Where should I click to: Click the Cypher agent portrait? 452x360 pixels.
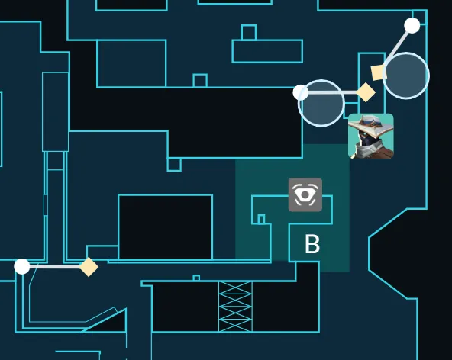[x=371, y=136]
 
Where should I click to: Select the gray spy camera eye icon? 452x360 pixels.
[x=305, y=194]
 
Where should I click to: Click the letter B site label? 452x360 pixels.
[x=312, y=244]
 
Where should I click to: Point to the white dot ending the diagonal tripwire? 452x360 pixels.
[x=412, y=25]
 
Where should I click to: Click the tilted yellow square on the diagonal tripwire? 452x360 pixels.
[x=379, y=72]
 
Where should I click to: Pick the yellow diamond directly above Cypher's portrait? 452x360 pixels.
[x=366, y=92]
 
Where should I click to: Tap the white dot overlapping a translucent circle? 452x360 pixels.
[x=301, y=92]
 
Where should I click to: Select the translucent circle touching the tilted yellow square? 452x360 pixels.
[x=406, y=76]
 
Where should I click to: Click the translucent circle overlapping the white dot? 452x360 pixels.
[x=321, y=103]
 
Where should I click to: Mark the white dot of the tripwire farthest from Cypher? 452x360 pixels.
[x=22, y=266]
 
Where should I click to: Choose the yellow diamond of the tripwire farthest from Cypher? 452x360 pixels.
[x=89, y=267]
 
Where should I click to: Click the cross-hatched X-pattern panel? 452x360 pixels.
[x=235, y=307]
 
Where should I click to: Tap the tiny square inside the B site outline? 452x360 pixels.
[x=261, y=219]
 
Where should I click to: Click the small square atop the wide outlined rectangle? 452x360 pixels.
[x=249, y=32]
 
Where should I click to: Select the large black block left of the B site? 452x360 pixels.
[x=165, y=227]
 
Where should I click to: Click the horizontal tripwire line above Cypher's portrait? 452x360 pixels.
[x=332, y=92]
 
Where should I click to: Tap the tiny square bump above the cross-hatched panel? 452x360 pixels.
[x=196, y=278]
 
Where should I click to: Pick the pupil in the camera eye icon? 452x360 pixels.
[x=305, y=195]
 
